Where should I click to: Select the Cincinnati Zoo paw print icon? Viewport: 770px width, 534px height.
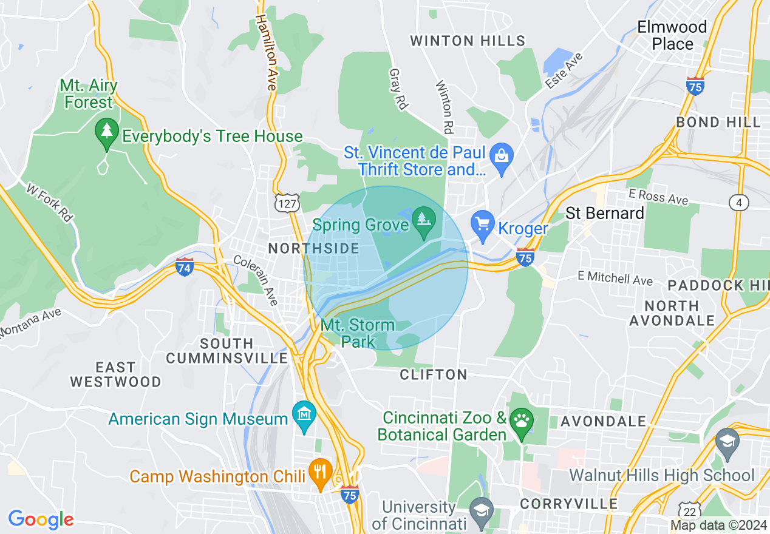point(521,419)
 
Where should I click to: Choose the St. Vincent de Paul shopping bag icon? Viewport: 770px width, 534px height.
point(502,155)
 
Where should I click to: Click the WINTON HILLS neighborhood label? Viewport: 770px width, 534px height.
point(468,41)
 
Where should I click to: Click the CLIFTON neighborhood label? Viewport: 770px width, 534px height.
point(434,374)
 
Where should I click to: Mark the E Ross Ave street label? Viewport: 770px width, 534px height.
point(658,197)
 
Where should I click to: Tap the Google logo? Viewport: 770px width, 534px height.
point(41,519)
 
